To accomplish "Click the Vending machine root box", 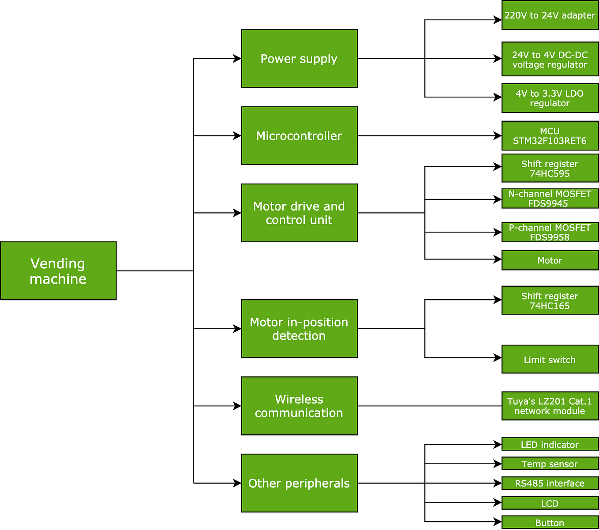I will [x=58, y=271].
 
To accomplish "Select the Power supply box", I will [x=299, y=59].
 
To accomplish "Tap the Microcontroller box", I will [x=299, y=136].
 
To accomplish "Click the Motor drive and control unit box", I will [x=299, y=213].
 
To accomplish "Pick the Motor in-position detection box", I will [x=299, y=329].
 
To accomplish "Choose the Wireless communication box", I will [x=299, y=406].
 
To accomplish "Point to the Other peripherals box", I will [x=299, y=483].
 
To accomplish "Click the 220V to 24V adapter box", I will [x=550, y=15].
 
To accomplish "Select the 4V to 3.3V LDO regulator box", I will [x=550, y=98].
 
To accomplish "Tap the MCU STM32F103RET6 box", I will [x=550, y=136].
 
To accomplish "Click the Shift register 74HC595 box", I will [x=550, y=168].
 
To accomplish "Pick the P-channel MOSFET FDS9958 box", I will [x=550, y=232].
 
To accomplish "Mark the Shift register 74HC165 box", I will [x=550, y=300].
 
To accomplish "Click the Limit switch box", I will [x=550, y=359].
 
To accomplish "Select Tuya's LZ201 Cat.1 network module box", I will [x=550, y=406].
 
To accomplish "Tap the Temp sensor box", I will [x=550, y=464].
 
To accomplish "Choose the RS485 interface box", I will [x=550, y=483].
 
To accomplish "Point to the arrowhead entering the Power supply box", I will [x=237, y=59].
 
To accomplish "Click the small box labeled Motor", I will [x=550, y=260].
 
